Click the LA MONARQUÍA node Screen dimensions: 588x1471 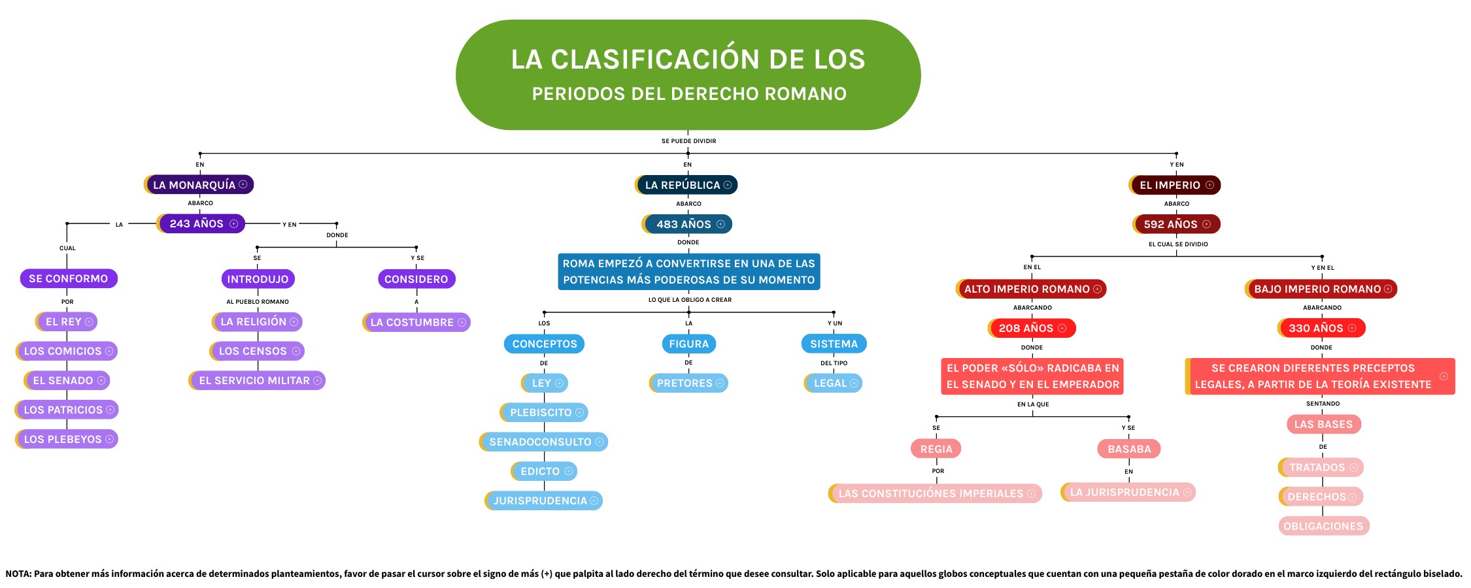pos(199,185)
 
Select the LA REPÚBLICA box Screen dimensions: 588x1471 pos(686,185)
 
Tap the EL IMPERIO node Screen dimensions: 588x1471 pos(1175,185)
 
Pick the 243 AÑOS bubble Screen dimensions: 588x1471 pos(201,223)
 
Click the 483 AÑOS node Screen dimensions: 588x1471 pos(687,224)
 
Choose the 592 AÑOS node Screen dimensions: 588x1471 pos(1176,224)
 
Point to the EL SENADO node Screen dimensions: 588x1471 pos(67,380)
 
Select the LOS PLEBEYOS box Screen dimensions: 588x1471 pos(67,439)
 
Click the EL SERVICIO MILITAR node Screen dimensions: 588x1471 pos(258,380)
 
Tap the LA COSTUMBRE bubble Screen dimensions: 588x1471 pos(416,322)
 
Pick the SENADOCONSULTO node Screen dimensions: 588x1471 pos(544,442)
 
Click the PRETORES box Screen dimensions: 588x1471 pos(688,383)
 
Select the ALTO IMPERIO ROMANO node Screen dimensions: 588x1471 pos(1031,289)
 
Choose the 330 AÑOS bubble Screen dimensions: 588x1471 pos(1321,328)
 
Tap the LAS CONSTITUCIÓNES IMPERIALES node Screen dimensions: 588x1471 pos(935,493)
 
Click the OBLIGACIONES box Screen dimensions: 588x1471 pos(1323,526)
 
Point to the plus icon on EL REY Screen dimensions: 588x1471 pos(89,321)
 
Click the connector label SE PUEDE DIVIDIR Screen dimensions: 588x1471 pos(688,141)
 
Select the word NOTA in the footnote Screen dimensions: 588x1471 pos(18,574)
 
